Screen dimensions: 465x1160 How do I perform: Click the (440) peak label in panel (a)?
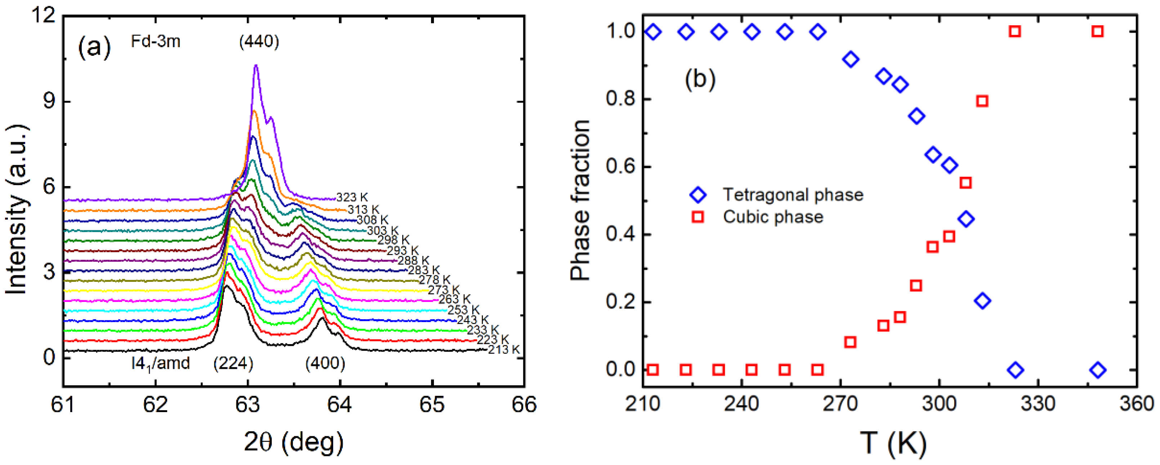259,42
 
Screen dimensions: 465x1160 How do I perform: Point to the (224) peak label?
233,363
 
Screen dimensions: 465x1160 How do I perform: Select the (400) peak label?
325,363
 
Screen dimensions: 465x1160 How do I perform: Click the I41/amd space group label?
160,363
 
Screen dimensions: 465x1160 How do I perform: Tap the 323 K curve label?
352,197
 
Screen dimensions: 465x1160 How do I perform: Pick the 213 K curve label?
503,349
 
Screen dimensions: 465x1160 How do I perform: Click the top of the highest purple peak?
256,66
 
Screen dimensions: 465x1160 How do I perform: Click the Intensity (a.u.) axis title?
17,210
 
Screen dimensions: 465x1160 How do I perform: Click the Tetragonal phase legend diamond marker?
698,195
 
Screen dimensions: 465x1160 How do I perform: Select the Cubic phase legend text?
773,217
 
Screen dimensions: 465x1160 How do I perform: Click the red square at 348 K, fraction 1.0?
1097,32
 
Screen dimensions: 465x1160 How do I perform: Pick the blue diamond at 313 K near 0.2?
982,300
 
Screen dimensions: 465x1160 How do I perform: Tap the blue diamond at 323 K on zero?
1015,370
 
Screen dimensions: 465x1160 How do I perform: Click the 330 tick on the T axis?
1038,404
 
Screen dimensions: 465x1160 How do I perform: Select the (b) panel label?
700,79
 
